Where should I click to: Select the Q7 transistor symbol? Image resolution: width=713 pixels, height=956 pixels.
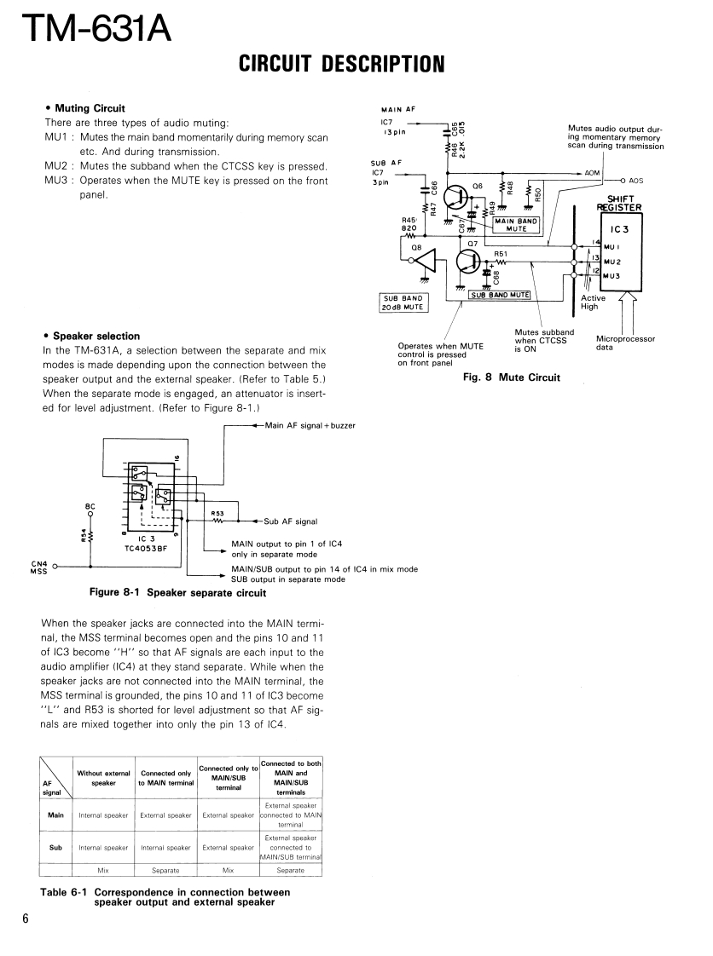[x=467, y=260]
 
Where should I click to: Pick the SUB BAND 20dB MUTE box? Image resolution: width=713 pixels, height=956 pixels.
[x=403, y=302]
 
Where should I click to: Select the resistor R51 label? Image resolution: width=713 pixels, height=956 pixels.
[x=501, y=253]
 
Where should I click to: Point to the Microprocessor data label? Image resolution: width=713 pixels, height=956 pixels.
[x=625, y=343]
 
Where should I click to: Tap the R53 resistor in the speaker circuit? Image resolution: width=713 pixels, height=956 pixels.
[x=219, y=521]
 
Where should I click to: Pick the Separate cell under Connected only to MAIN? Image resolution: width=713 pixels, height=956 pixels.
[x=165, y=871]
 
